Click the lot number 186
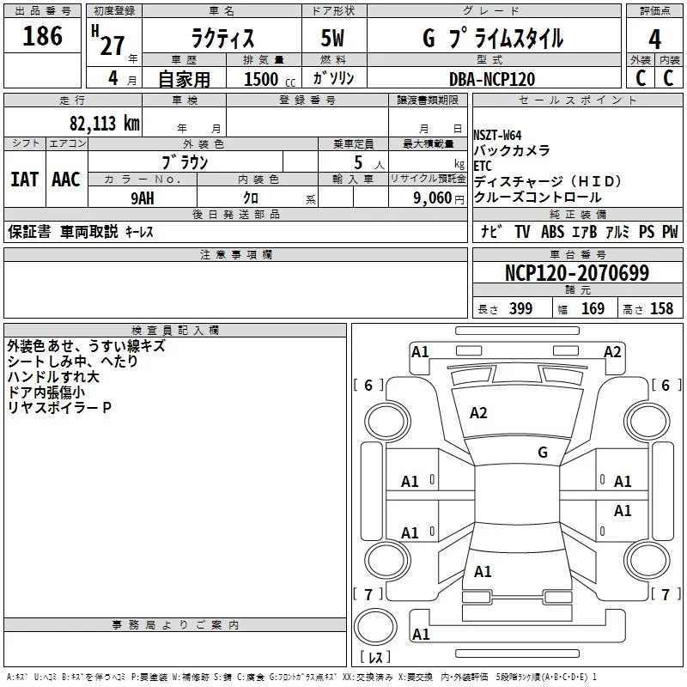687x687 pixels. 42,36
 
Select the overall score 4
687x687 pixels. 654,39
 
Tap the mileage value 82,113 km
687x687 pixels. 105,124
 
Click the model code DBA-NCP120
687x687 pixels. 492,79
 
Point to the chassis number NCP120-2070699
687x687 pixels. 577,273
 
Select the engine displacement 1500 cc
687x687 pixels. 270,79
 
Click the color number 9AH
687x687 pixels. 143,198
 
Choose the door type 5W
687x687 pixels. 332,38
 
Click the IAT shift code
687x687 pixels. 25,179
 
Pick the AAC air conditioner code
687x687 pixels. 66,179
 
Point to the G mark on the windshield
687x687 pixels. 543,453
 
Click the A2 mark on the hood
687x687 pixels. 478,413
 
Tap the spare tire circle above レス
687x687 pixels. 375,627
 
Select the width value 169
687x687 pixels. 593,308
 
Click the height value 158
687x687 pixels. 661,308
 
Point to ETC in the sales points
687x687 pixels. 483,166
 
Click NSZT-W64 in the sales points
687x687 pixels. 497,136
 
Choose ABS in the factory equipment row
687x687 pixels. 552,232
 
